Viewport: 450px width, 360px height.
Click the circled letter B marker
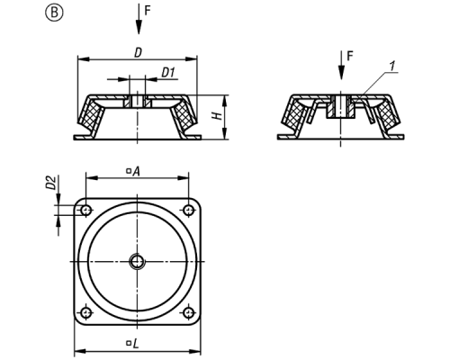coord(54,13)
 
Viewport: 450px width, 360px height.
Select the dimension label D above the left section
coord(138,53)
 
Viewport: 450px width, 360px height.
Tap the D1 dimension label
coord(168,73)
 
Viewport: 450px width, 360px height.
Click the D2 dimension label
coord(51,183)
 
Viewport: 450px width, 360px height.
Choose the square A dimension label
coord(133,171)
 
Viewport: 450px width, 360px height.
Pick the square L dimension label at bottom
coord(132,344)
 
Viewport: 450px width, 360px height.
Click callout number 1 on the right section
coord(392,67)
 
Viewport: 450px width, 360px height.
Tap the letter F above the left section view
coord(147,11)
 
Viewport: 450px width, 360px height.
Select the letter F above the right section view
coord(350,56)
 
